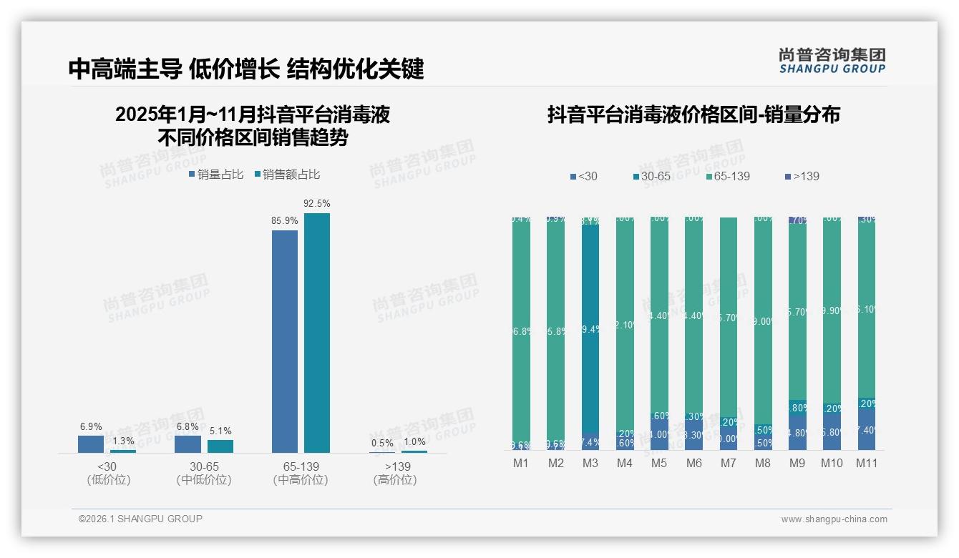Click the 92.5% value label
point(317,204)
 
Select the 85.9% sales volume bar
point(285,341)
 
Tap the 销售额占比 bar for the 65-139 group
point(317,333)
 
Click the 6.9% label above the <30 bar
point(91,426)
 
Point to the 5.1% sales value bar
point(220,446)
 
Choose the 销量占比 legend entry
point(216,175)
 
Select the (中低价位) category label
point(203,480)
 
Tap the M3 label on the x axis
point(590,463)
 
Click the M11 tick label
point(867,463)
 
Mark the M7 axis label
point(728,463)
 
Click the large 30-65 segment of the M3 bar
point(590,329)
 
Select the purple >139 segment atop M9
point(797,220)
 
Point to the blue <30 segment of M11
point(867,429)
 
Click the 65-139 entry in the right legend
point(727,176)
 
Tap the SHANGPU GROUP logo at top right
point(832,61)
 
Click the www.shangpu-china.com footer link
point(834,519)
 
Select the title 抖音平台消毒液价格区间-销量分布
point(693,114)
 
